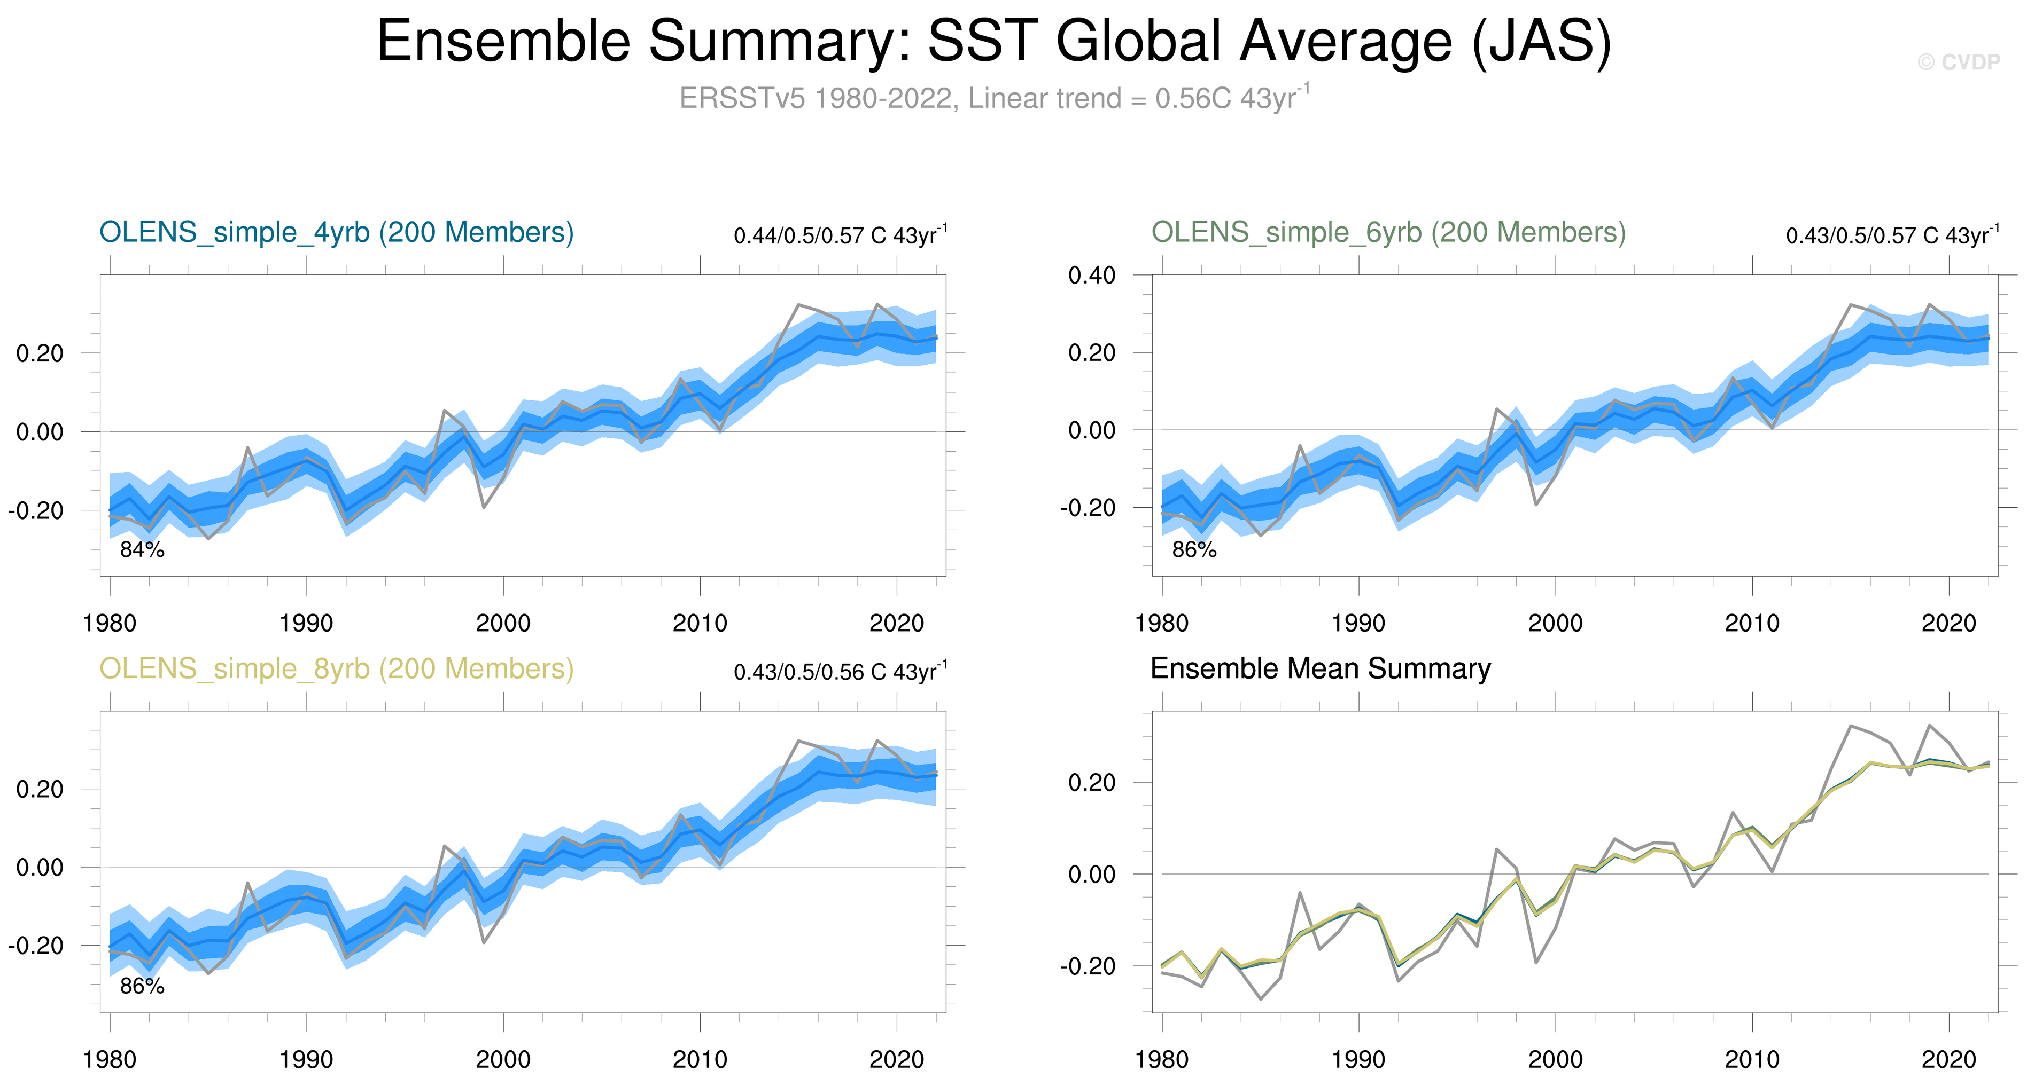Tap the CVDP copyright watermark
[1959, 62]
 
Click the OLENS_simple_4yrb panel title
[336, 233]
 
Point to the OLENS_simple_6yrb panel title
[1388, 233]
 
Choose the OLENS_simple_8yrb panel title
[336, 669]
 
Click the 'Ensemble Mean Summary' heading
[1321, 669]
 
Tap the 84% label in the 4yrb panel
[142, 550]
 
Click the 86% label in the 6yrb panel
[1194, 550]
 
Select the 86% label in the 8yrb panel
[142, 986]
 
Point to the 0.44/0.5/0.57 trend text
[840, 235]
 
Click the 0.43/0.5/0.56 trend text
[840, 672]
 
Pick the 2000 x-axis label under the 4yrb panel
[503, 624]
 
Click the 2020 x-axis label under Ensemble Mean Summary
[1948, 1060]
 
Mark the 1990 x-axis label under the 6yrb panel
[1358, 624]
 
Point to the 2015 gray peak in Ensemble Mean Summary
[1851, 725]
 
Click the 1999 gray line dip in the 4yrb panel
[483, 507]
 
